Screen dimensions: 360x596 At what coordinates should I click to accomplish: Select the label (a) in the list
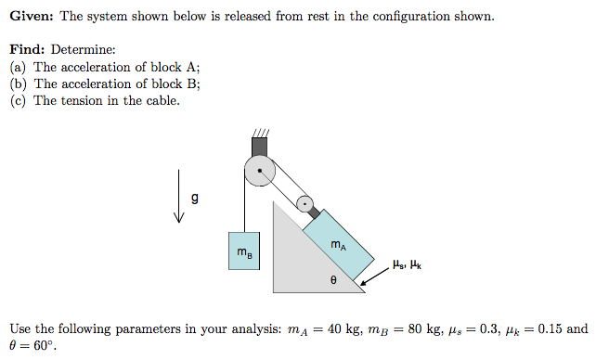point(18,67)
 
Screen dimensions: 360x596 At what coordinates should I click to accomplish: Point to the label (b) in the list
point(18,84)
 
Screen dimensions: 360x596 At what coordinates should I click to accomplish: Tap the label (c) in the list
point(18,100)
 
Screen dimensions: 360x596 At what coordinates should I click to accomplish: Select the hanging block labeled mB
point(242,251)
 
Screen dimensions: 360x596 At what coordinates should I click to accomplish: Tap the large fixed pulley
point(260,171)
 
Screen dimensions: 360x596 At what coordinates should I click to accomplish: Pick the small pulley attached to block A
point(304,202)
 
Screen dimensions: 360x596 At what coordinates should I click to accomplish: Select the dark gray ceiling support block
point(260,146)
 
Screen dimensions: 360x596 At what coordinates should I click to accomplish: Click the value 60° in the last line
point(44,346)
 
